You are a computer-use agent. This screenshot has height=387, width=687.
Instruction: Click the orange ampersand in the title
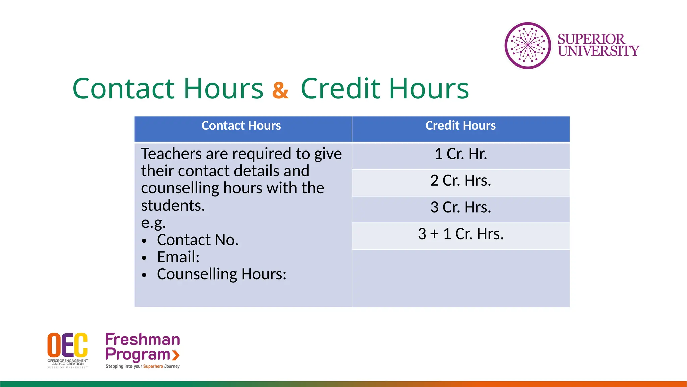point(280,90)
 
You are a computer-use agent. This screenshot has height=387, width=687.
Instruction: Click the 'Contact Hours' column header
point(241,126)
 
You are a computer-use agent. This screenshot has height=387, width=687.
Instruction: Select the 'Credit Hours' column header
point(461,126)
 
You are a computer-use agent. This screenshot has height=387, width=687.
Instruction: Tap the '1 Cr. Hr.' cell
point(461,154)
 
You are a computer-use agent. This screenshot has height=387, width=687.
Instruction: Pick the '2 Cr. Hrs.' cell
point(461,181)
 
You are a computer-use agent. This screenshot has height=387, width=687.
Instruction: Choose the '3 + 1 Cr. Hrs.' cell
point(461,234)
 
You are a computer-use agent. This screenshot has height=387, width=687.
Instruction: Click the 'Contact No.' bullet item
point(198,240)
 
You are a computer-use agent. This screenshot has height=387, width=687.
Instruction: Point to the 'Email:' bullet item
point(178,257)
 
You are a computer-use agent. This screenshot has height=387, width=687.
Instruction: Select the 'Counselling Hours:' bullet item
point(222,274)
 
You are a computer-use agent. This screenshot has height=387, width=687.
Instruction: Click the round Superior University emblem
point(528,45)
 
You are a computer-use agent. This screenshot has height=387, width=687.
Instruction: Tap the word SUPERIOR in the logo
point(591,39)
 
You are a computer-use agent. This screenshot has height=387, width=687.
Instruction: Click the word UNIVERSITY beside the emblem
point(599,51)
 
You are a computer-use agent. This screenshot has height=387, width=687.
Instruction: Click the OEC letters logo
point(67,345)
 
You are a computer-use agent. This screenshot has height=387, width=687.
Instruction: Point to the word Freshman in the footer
point(143,340)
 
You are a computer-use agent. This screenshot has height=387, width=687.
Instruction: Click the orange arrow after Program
point(176,355)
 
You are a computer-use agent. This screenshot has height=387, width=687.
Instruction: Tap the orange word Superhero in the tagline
point(153,366)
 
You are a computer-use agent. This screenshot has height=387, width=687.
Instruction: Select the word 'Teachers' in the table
point(171,154)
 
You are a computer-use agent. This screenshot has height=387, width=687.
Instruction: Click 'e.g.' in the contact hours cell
point(153,222)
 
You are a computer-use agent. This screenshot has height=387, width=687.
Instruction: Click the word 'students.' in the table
point(173,205)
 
